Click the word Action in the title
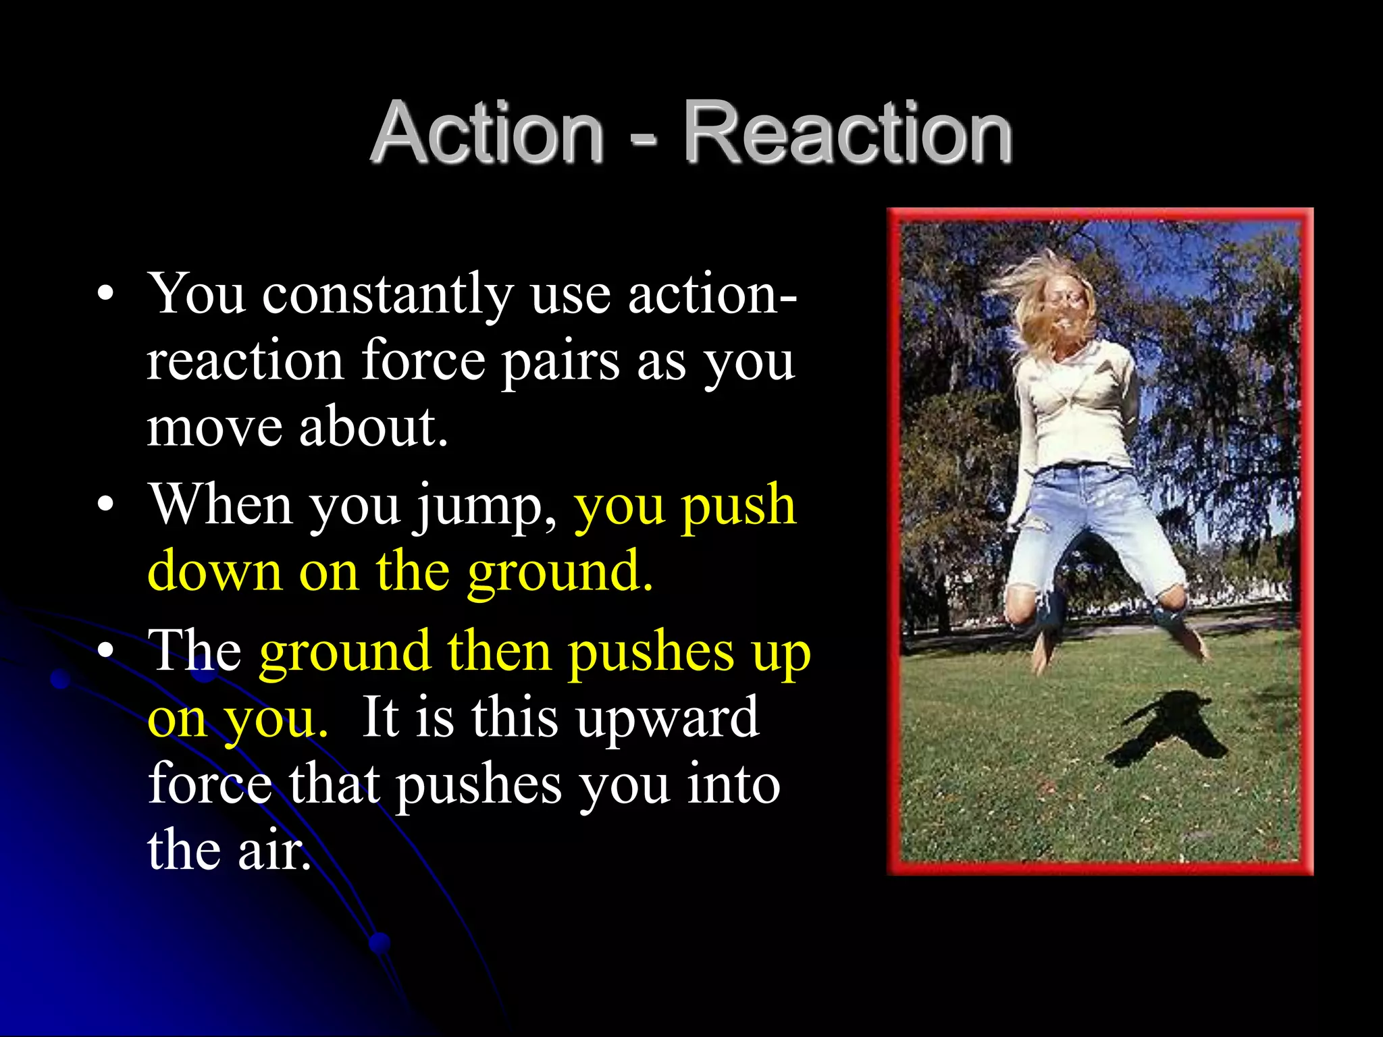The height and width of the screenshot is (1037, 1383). pyautogui.click(x=488, y=133)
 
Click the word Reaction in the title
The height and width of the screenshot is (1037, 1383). pyautogui.click(x=847, y=133)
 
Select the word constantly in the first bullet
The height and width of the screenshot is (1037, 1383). pyautogui.click(x=388, y=296)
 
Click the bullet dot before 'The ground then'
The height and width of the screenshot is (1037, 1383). pyautogui.click(x=104, y=651)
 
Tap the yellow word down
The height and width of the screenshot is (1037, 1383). pyautogui.click(x=214, y=572)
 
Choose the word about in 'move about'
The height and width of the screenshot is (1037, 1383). pyautogui.click(x=373, y=427)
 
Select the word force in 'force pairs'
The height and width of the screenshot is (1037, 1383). pyautogui.click(x=423, y=361)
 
